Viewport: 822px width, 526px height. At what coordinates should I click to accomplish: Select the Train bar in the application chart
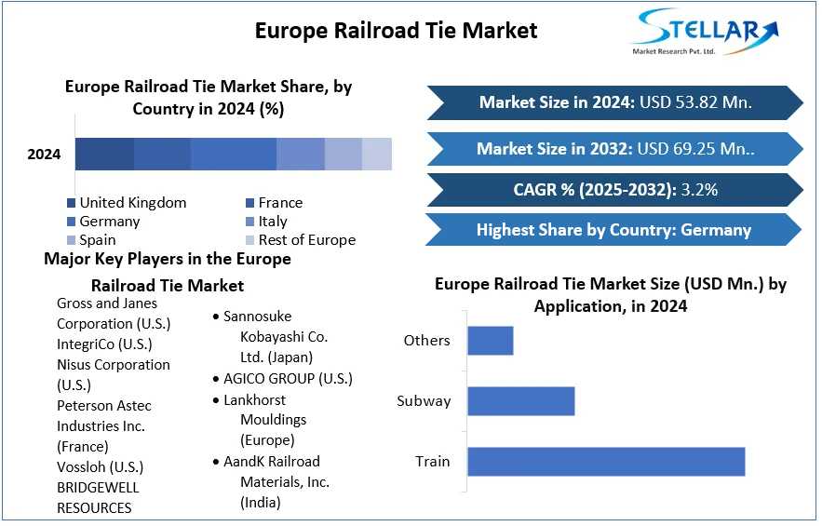(605, 462)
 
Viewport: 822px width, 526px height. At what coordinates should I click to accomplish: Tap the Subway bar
(520, 401)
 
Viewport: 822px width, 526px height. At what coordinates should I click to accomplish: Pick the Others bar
(490, 341)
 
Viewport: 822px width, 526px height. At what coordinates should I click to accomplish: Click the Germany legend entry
(109, 222)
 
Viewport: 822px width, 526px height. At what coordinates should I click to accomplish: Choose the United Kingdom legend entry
(132, 203)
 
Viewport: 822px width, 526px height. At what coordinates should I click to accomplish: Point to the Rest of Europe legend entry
(306, 240)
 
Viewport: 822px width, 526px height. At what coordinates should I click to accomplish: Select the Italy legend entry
(273, 222)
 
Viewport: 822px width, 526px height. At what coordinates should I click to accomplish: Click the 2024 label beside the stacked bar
(44, 154)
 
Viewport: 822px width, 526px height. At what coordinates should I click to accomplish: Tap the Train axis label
(432, 462)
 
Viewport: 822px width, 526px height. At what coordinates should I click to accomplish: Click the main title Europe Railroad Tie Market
(396, 30)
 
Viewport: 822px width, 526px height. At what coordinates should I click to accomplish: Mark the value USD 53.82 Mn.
(694, 102)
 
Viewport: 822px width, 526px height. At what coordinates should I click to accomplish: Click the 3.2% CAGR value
(699, 190)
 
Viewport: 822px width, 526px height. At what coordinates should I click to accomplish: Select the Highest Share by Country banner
(613, 230)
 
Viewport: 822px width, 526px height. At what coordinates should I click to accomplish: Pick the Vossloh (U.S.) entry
(100, 467)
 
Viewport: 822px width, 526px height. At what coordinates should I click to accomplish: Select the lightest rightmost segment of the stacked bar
(377, 154)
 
